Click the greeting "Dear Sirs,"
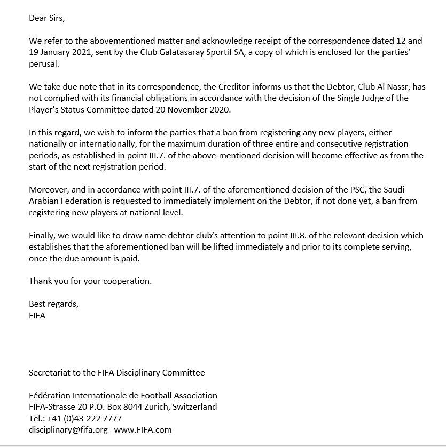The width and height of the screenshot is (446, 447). pos(46,18)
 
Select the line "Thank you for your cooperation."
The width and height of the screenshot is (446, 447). pos(90,281)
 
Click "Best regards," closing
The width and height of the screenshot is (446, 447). pos(53,304)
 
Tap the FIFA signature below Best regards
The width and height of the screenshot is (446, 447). pos(37,315)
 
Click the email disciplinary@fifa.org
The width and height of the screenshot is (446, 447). pos(68,429)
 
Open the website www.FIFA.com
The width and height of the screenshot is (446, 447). pos(143,429)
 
